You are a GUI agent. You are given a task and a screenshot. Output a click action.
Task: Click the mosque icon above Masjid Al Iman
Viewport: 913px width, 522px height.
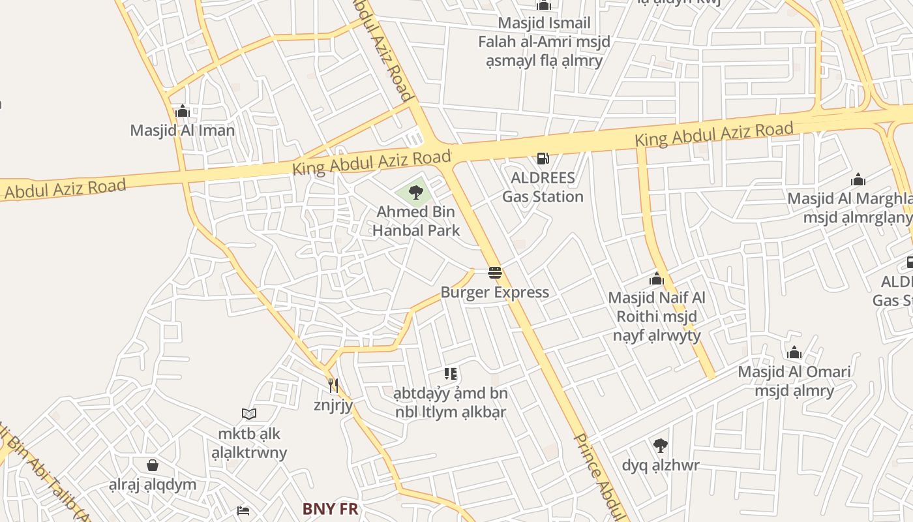click(183, 112)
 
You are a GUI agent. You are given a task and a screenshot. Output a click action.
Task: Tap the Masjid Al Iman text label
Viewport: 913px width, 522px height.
click(183, 130)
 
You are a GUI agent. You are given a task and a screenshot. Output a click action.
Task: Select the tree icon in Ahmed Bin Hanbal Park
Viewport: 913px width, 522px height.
click(415, 192)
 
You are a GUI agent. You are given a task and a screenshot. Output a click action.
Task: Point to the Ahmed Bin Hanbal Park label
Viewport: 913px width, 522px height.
click(416, 221)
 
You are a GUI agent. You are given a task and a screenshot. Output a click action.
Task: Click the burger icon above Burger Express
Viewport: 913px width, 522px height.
click(495, 273)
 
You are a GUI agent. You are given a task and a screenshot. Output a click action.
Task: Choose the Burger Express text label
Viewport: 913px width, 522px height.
click(495, 292)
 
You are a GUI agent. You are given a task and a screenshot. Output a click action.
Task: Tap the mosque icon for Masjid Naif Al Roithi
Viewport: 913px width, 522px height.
click(657, 279)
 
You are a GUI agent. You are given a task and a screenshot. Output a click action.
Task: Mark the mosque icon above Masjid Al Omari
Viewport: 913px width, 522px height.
click(794, 353)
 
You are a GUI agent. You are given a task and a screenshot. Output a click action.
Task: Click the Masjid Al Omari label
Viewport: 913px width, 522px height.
click(794, 381)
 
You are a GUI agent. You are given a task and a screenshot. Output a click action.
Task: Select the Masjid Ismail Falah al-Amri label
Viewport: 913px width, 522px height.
click(544, 42)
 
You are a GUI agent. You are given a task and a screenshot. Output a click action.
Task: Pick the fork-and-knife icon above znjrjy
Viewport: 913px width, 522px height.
click(333, 386)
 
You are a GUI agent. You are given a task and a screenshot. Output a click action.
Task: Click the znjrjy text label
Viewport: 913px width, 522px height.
click(333, 405)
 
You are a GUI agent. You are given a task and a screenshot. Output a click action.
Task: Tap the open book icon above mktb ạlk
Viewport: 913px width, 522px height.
click(249, 414)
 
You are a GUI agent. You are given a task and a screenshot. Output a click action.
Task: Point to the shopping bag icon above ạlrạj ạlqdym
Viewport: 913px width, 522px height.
click(153, 465)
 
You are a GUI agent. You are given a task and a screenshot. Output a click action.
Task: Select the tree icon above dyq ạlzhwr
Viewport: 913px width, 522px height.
click(661, 446)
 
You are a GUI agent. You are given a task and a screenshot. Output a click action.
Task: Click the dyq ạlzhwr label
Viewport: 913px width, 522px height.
click(661, 465)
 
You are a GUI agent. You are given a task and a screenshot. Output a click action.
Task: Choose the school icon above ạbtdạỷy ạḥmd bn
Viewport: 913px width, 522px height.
click(451, 374)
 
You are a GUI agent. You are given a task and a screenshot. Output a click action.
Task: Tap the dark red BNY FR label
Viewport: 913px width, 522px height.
click(331, 509)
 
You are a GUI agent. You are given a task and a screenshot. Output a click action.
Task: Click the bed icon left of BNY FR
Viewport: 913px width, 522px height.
click(243, 510)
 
